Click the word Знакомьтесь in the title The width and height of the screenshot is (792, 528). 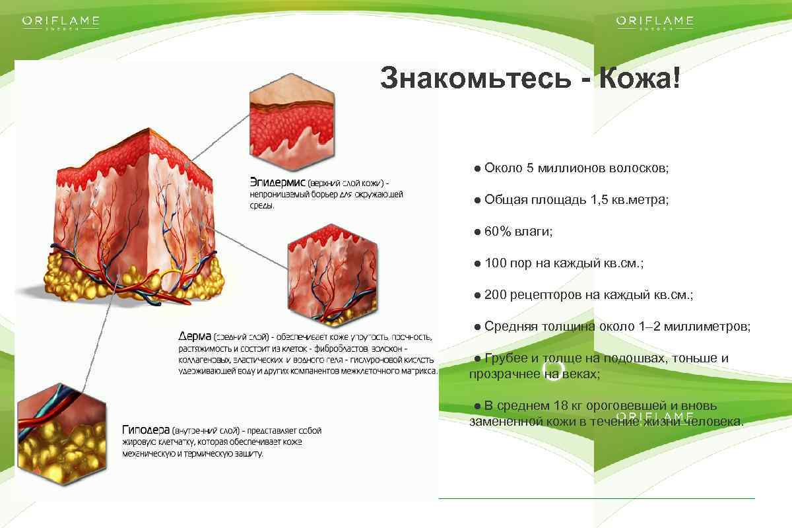473,79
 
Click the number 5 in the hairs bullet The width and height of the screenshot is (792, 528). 529,168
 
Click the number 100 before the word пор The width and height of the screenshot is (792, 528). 495,263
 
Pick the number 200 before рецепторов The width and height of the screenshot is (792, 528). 495,294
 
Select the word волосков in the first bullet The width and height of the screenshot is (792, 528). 642,168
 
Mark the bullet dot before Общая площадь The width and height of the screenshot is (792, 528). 477,200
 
